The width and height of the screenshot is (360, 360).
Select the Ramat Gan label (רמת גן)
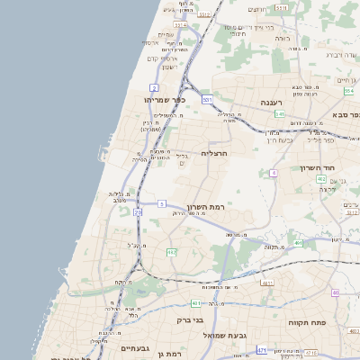[167, 355]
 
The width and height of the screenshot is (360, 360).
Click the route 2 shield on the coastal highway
[155, 87]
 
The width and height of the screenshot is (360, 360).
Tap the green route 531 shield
[208, 99]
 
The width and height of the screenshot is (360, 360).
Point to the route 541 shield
[280, 114]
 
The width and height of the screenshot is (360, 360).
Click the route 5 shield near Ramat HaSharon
[161, 204]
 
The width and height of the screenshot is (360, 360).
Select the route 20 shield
[138, 212]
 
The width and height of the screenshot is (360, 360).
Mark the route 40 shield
[336, 292]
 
